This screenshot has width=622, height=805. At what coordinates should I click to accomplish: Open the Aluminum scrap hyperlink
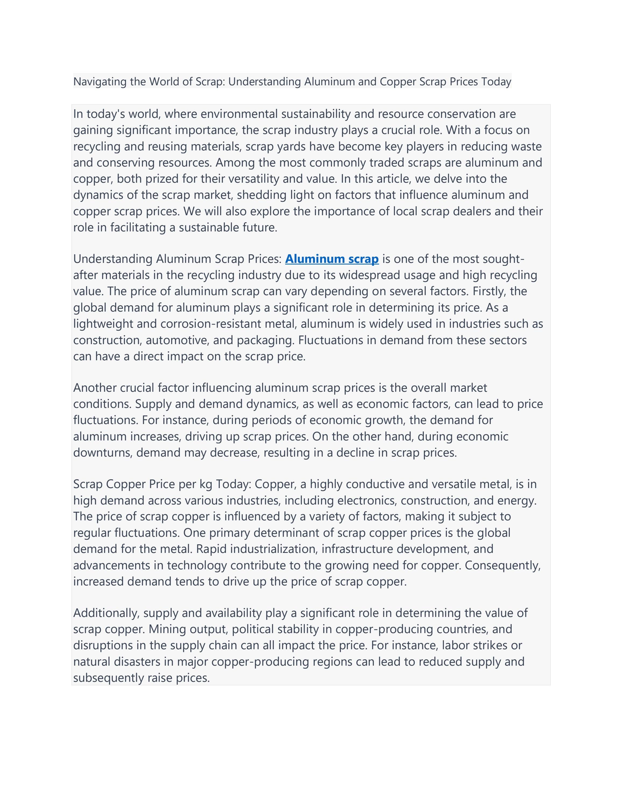tap(332, 259)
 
